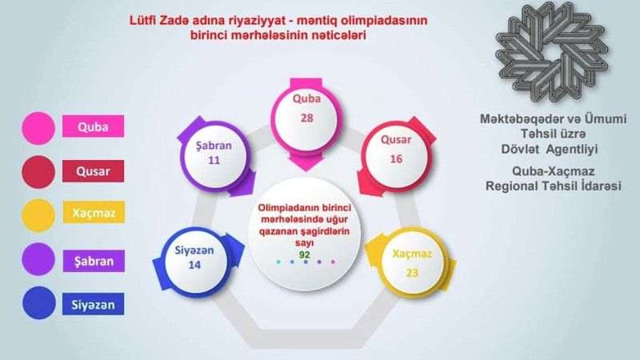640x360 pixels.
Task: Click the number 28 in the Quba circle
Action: [306, 118]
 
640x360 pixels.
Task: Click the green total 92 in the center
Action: [305, 254]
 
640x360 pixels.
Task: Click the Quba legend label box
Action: [93, 126]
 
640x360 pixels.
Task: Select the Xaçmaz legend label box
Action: [93, 215]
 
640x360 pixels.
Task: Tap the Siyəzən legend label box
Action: [93, 304]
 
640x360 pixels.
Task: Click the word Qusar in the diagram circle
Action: [396, 139]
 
